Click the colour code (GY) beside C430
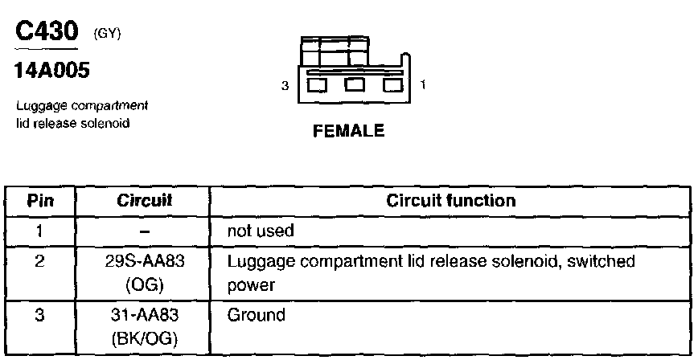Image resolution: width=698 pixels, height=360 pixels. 108,34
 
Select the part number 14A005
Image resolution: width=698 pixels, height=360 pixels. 52,71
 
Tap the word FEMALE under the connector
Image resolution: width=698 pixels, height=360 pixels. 349,131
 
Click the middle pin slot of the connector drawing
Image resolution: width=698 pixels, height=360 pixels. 354,84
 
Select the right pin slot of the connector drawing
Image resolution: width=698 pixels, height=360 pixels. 392,84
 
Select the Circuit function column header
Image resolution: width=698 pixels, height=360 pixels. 450,200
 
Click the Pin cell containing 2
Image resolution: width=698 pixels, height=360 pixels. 39,261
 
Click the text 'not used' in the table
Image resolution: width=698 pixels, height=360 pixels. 261,231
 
